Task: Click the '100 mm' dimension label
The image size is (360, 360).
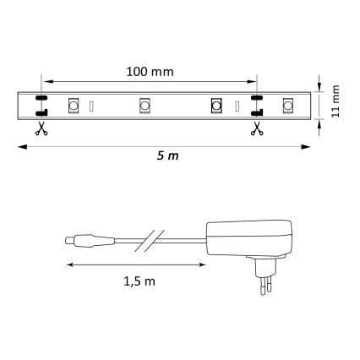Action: coord(147,72)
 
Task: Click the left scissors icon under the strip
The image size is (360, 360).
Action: coord(40,128)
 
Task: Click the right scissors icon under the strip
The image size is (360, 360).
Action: coord(254,128)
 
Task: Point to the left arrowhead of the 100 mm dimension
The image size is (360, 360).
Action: coord(46,83)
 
